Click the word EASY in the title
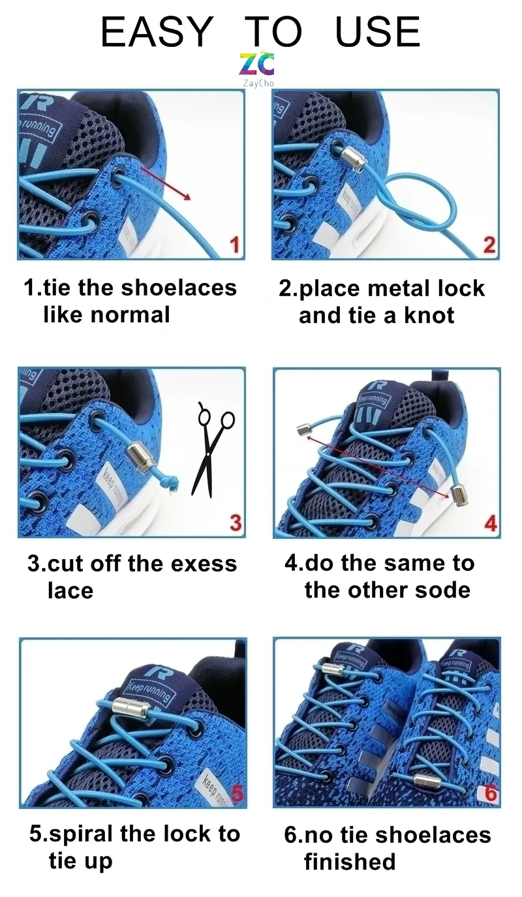click(x=157, y=31)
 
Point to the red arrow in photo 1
click(x=166, y=183)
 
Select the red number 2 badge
click(x=489, y=245)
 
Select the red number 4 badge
click(x=490, y=523)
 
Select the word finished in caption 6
click(x=350, y=862)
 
